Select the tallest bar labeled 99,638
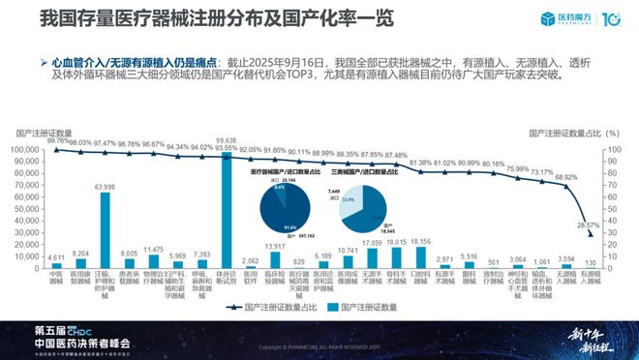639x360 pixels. pyautogui.click(x=227, y=208)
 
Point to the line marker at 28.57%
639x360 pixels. pyautogui.click(x=590, y=234)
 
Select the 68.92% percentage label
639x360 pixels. pyautogui.click(x=565, y=178)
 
